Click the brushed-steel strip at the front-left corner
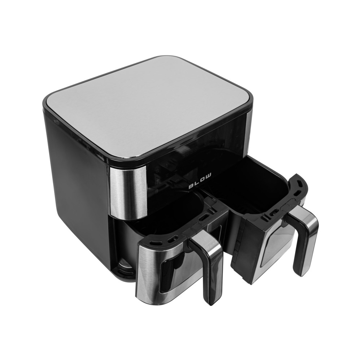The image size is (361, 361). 128,193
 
